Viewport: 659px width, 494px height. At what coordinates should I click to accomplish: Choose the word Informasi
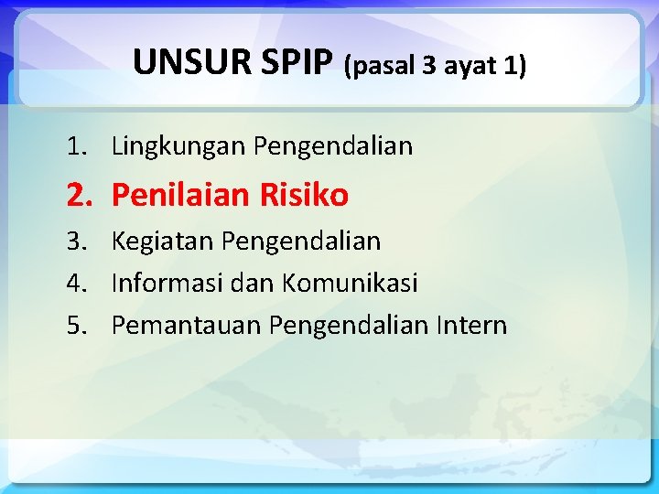click(x=167, y=284)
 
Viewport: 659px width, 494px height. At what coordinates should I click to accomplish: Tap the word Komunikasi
click(x=350, y=284)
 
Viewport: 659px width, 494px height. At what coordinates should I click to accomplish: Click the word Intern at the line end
click(x=473, y=326)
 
